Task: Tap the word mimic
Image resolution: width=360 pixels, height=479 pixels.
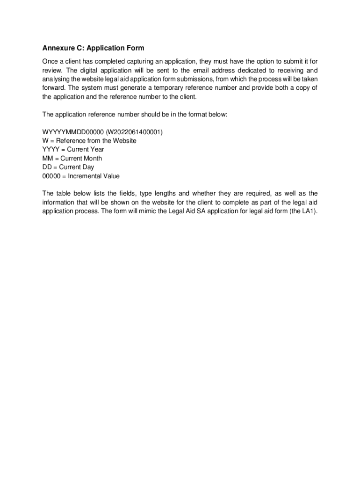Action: (x=140, y=210)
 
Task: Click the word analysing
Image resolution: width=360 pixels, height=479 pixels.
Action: (x=57, y=80)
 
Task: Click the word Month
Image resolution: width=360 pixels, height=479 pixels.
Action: (x=91, y=158)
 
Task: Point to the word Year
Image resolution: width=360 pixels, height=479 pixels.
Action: (x=94, y=150)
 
